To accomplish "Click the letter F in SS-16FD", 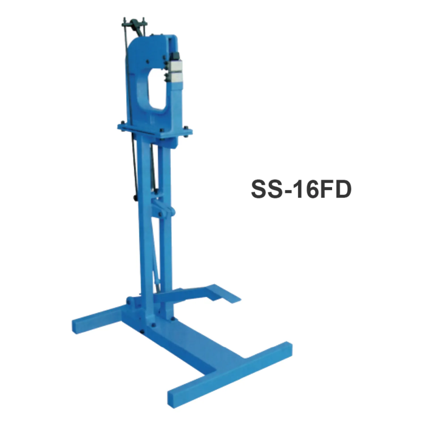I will pyautogui.click(x=322, y=189).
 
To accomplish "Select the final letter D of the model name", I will pyautogui.click(x=341, y=189).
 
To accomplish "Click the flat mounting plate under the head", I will pyautogui.click(x=155, y=128).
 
